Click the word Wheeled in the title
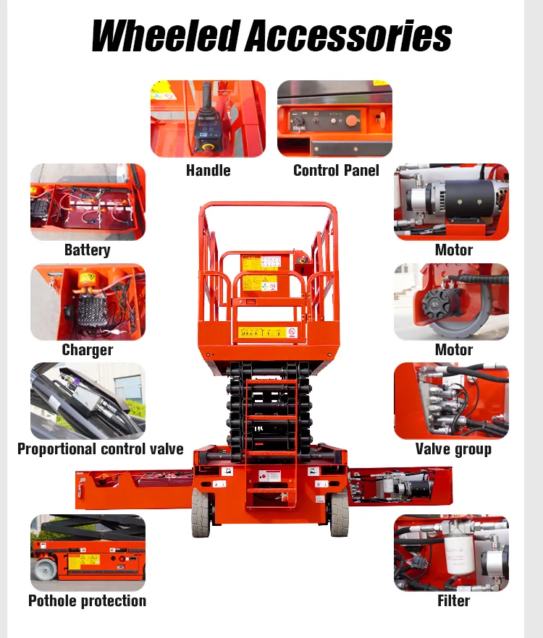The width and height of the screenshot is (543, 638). click(165, 36)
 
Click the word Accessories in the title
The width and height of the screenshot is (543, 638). click(348, 36)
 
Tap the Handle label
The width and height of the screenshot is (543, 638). click(208, 171)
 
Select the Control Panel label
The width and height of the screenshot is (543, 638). click(336, 171)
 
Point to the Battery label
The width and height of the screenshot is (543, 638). click(87, 250)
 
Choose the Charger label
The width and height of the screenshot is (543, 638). click(87, 350)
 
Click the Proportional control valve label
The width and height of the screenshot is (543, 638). click(100, 449)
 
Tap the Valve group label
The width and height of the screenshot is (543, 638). click(453, 449)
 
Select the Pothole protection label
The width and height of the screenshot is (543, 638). click(87, 601)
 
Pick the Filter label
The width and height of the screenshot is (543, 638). click(453, 601)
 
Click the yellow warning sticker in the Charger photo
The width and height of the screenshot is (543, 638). click(88, 278)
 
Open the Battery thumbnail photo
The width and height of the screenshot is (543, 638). click(88, 202)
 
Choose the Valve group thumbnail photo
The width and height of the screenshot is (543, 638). click(451, 401)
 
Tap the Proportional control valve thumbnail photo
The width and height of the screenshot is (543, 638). click(88, 401)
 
